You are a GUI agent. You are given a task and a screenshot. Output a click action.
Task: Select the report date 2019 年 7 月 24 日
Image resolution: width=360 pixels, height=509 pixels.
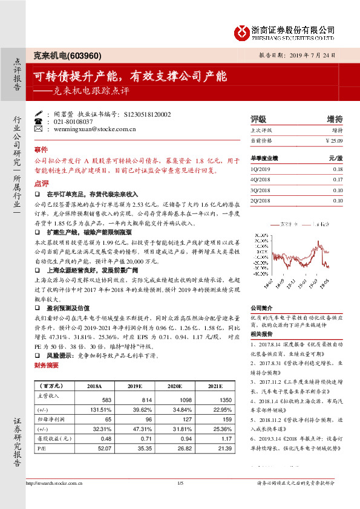(316, 55)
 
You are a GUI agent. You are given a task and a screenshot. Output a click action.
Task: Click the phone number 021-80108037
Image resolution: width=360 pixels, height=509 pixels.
(76, 122)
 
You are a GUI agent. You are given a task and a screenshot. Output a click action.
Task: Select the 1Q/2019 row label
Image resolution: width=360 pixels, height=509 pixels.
(260, 170)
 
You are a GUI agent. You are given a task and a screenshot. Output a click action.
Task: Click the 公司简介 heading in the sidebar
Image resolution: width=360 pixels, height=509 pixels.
(263, 307)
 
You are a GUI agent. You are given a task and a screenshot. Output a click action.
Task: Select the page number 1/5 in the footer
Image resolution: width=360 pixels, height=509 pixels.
(180, 482)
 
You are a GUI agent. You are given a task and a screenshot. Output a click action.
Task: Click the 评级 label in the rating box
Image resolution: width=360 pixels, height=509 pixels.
(258, 118)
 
